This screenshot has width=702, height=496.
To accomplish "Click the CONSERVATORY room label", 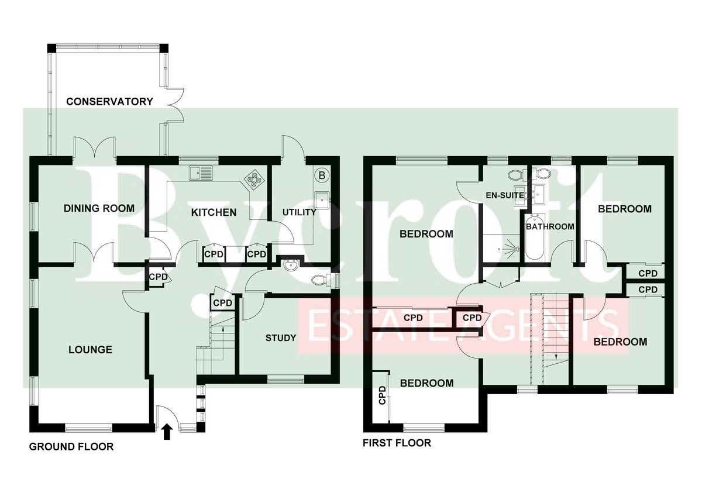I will point(109,101).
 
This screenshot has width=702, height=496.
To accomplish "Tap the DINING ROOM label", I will point(99,208).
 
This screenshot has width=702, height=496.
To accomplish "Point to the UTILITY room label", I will point(299,212).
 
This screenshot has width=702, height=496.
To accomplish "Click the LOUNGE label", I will point(90,350).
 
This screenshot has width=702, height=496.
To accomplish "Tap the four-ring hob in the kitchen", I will point(254,178).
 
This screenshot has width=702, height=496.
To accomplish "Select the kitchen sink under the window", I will point(202,173).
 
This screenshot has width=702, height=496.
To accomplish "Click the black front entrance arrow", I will point(167,432).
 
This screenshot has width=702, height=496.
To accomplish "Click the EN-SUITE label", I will point(504,195).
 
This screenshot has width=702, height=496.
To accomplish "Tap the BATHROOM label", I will point(550,226).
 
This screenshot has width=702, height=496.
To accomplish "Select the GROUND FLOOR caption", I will point(71,447).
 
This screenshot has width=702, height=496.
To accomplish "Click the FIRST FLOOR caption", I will point(397,443).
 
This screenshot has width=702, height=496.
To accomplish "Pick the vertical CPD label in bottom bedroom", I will point(383,396).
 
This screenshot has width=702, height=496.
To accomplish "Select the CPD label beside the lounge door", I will point(157,277).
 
